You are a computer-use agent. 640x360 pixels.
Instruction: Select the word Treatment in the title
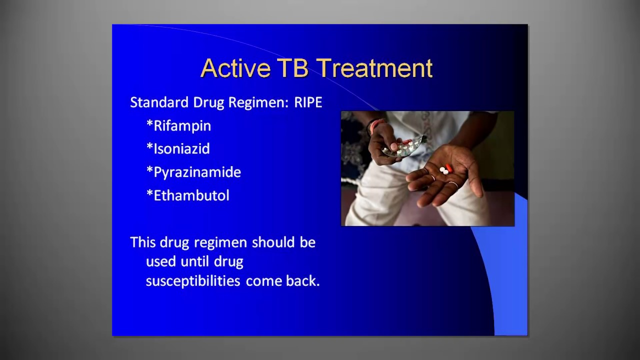pyautogui.click(x=374, y=68)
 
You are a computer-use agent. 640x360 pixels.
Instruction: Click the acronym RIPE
pyautogui.click(x=308, y=102)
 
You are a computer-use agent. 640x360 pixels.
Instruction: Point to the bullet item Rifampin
pyautogui.click(x=182, y=126)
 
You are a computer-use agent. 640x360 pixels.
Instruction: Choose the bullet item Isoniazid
pyautogui.click(x=181, y=149)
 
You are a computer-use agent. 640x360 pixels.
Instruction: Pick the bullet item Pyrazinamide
pyautogui.click(x=197, y=172)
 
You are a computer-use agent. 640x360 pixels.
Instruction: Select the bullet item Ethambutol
pyautogui.click(x=191, y=195)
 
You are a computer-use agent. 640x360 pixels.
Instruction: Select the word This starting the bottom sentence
pyautogui.click(x=143, y=242)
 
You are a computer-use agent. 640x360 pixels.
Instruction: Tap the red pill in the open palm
pyautogui.click(x=449, y=168)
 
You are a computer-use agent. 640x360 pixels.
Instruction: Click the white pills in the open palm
pyautogui.click(x=443, y=171)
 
